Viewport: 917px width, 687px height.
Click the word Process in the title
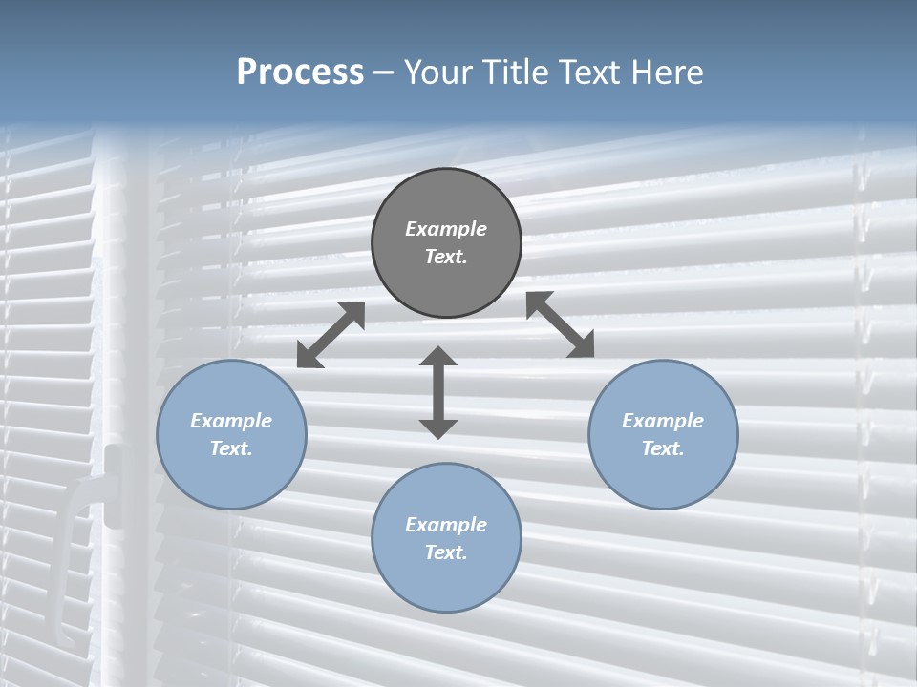(300, 73)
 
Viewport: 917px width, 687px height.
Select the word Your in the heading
(436, 73)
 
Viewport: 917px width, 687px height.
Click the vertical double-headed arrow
(438, 393)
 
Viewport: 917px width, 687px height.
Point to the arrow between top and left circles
(331, 335)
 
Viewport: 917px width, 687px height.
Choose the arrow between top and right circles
(561, 324)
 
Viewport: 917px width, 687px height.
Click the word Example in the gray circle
(446, 229)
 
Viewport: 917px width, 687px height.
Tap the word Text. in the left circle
(231, 448)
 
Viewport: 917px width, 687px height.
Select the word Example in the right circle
(663, 421)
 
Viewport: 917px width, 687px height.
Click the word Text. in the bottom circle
(446, 552)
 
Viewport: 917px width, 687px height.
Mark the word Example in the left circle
(231, 421)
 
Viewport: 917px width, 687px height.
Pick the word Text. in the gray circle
(446, 257)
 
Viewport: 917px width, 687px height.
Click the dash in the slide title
(384, 73)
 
